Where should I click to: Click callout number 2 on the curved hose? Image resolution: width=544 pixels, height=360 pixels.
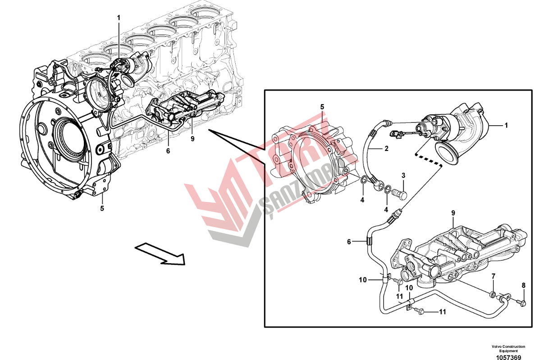386,148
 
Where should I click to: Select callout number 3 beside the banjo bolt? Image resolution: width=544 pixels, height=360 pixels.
403,175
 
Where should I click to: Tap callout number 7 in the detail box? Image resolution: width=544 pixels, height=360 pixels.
494,275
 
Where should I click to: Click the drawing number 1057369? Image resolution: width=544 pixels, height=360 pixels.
508,357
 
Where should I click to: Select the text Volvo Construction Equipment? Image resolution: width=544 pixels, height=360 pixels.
508,348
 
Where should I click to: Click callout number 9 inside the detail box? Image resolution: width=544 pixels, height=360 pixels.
453,213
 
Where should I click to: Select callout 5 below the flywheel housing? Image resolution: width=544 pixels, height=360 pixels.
102,208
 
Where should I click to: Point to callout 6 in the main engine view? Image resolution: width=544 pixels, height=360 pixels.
168,151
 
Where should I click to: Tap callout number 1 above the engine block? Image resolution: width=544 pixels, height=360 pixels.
119,18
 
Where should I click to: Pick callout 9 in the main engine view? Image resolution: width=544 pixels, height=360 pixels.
192,139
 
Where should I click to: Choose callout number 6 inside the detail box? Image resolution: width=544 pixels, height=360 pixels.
348,242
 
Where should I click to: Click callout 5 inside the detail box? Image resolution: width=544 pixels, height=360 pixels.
322,107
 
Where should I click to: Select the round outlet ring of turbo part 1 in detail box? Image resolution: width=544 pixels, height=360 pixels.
448,153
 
